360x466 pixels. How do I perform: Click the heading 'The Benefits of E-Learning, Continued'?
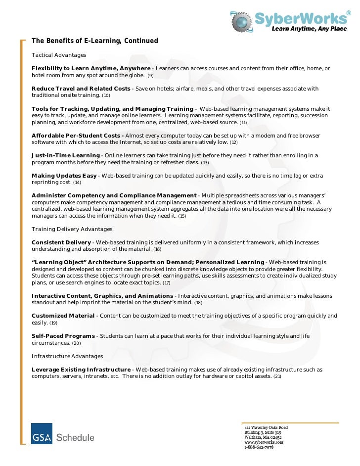tap(95, 40)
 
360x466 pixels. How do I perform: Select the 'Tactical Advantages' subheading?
tap(59, 54)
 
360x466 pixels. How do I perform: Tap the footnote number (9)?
tap(151, 76)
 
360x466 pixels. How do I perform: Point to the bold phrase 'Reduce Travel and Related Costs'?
tap(81, 89)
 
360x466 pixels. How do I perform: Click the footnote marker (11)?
tap(243, 122)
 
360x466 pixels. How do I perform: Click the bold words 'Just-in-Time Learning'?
tap(65, 156)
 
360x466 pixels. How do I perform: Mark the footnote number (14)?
tap(77, 183)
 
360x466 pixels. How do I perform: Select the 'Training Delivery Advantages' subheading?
tap(72, 229)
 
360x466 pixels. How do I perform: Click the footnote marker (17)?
tap(166, 283)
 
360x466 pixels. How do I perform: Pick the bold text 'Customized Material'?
tap(63, 316)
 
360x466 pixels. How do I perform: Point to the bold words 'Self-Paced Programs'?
tap(63, 336)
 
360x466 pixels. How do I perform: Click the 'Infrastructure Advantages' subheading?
tap(67, 356)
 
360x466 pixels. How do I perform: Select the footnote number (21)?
tap(277, 376)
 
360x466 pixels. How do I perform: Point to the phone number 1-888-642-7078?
tap(259, 447)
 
